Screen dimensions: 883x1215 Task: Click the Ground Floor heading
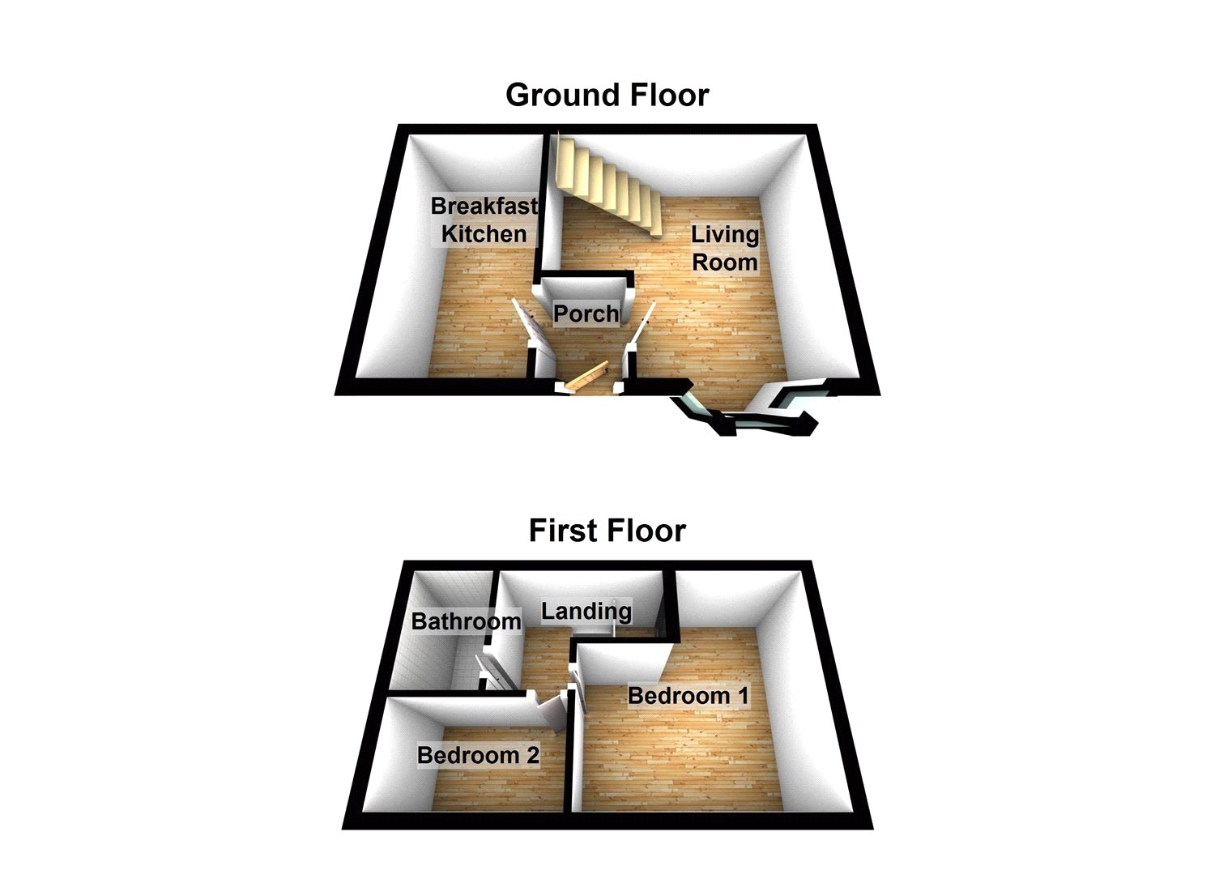click(607, 96)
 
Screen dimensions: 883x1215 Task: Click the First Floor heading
click(607, 531)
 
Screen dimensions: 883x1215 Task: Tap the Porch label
click(586, 314)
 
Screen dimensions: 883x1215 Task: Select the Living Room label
click(724, 249)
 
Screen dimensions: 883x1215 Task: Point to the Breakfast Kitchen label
click(484, 220)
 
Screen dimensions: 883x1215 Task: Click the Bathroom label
click(466, 621)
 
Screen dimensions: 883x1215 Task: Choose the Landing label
click(586, 611)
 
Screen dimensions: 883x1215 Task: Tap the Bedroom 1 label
click(688, 695)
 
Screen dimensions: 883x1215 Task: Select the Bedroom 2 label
click(478, 755)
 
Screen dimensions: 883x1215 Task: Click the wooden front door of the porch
click(586, 377)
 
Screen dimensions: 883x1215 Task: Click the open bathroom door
click(495, 672)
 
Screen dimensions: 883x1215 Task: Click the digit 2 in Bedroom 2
click(531, 755)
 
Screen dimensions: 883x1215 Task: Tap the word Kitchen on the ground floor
click(484, 234)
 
